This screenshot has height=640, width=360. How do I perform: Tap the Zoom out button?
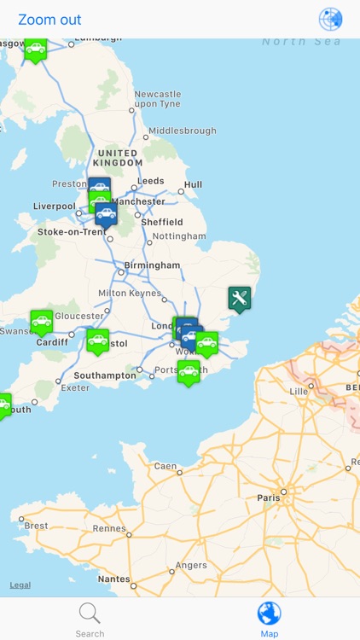click(x=49, y=20)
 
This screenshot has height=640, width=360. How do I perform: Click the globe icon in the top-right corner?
click(x=330, y=20)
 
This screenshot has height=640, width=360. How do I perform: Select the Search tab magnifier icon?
click(x=90, y=614)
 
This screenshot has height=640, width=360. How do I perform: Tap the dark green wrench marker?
click(x=240, y=299)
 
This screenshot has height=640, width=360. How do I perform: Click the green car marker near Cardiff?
click(x=42, y=322)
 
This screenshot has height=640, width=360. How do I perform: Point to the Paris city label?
click(x=269, y=497)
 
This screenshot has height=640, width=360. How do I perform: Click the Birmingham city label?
click(x=152, y=265)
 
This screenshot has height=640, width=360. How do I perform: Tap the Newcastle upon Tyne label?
click(x=158, y=99)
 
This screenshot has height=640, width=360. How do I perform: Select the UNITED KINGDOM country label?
click(x=119, y=158)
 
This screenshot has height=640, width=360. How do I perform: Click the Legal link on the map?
click(x=20, y=585)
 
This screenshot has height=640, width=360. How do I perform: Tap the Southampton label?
click(x=105, y=375)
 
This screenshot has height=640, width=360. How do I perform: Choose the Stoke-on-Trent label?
click(x=72, y=232)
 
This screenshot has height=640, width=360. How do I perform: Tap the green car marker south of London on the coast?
click(x=189, y=372)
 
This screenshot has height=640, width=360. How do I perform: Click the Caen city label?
click(x=165, y=467)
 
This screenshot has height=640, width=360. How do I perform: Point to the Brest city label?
click(x=37, y=526)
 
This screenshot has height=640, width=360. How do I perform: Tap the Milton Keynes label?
click(x=129, y=293)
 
